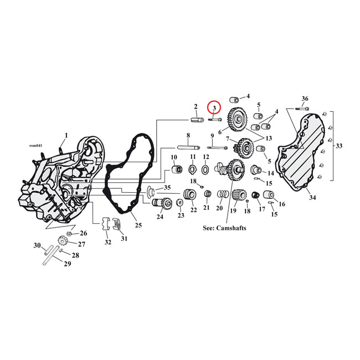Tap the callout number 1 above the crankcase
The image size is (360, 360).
(66, 135)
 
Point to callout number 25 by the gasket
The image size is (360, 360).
(138, 225)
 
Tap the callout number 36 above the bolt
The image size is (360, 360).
(305, 99)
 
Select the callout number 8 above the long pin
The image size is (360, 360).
(188, 136)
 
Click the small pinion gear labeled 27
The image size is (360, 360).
(62, 242)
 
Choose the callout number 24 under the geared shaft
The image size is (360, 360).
(160, 217)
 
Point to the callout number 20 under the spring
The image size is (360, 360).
(219, 208)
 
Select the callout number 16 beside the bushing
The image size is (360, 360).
(282, 204)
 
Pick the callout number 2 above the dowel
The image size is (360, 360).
(196, 107)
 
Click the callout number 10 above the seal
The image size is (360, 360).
(173, 157)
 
